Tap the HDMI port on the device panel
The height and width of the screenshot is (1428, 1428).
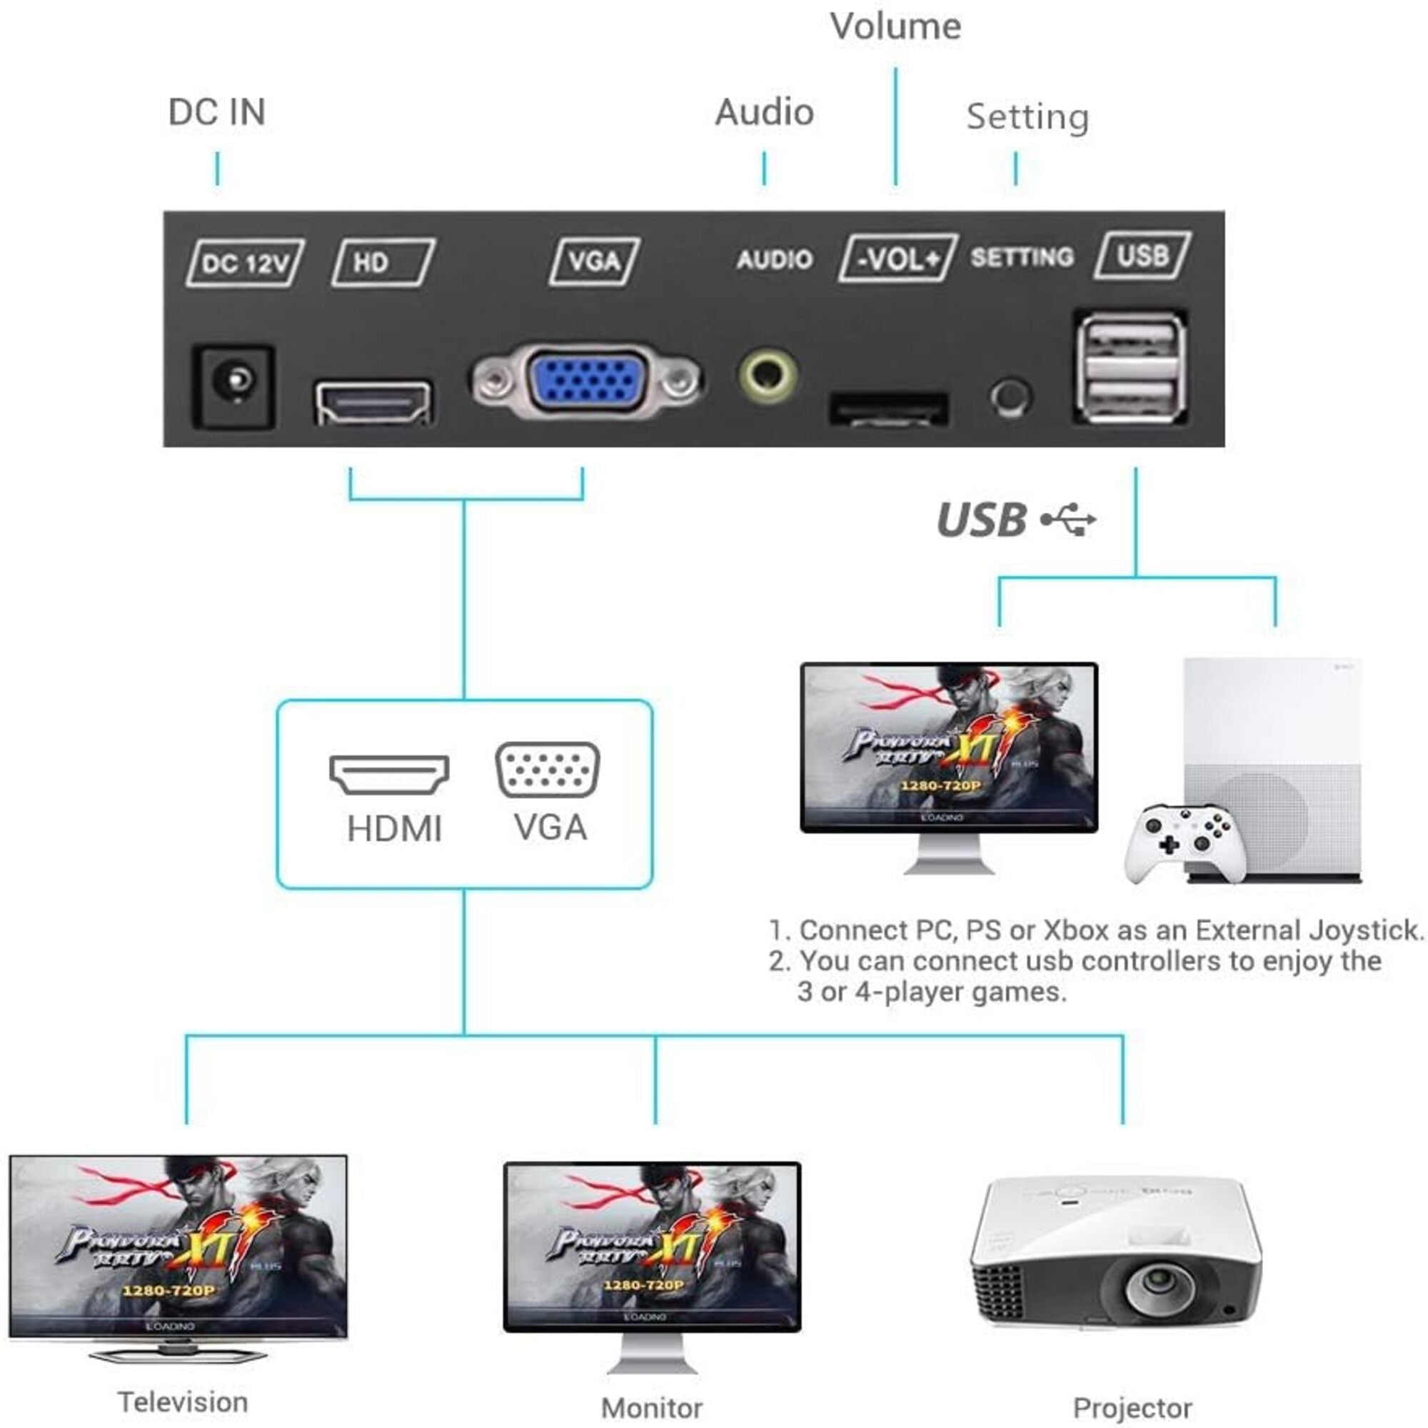373,403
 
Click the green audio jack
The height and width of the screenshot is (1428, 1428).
768,376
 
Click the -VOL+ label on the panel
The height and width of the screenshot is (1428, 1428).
898,258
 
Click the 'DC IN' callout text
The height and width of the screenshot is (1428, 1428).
216,112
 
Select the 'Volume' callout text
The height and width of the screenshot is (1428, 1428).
895,26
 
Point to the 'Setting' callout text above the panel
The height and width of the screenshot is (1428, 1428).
1027,117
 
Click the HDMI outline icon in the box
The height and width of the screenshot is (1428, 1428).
389,774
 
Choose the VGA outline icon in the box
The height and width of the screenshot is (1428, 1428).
547,770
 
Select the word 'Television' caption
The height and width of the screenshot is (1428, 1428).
183,1402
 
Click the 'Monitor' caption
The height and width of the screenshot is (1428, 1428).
651,1408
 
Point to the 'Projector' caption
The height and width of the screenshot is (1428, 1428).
1132,1408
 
